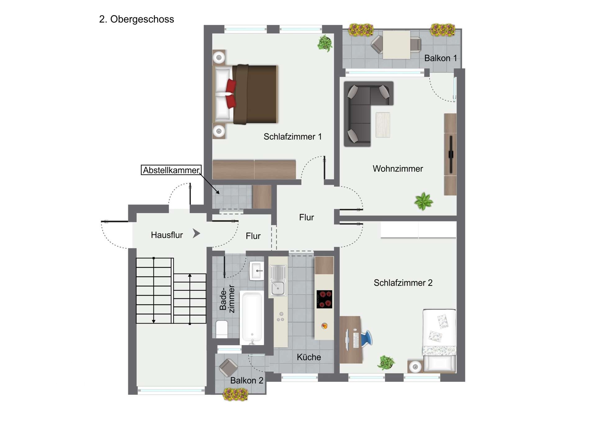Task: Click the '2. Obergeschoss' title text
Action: [x=136, y=19]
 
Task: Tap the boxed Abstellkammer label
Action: [x=171, y=170]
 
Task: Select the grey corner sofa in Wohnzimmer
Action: [x=360, y=109]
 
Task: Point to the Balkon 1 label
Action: [x=440, y=58]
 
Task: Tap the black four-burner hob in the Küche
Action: [x=324, y=299]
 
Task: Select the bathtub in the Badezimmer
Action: [x=252, y=317]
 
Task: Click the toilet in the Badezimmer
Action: [x=222, y=329]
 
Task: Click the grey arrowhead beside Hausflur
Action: [x=196, y=233]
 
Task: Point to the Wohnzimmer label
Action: [x=398, y=169]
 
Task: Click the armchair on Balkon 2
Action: [x=228, y=367]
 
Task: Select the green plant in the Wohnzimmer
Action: [x=423, y=201]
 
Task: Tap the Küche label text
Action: [x=309, y=357]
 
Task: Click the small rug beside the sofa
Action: [x=383, y=125]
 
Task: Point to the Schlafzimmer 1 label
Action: [x=292, y=137]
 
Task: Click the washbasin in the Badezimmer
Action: [x=257, y=271]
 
